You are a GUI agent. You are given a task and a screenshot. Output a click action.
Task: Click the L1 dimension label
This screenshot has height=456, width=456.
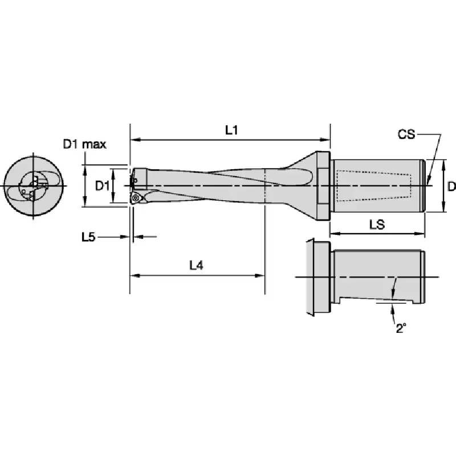tap(232, 130)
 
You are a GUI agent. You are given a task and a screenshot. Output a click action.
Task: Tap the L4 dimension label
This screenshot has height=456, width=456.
tap(196, 265)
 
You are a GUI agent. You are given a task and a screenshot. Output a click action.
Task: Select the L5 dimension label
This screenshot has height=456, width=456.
tap(88, 237)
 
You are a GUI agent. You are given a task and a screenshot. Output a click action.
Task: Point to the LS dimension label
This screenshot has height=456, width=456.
tap(377, 224)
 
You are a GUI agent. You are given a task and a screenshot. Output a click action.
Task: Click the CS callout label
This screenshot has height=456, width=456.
tap(406, 135)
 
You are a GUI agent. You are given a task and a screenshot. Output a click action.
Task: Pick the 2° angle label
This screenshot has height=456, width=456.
tap(401, 328)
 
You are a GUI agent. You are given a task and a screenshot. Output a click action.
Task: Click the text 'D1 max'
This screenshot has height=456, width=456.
tap(84, 144)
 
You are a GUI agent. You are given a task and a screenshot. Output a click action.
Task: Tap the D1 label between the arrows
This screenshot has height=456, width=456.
tap(102, 186)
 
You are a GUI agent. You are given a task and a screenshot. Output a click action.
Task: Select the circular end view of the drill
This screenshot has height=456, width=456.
tap(33, 186)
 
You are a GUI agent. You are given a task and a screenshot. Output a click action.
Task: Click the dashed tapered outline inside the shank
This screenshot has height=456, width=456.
tap(374, 186)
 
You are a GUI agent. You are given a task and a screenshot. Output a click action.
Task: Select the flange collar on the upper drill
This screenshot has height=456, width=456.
tap(323, 186)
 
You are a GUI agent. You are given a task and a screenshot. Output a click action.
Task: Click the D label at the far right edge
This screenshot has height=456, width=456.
tap(452, 186)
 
